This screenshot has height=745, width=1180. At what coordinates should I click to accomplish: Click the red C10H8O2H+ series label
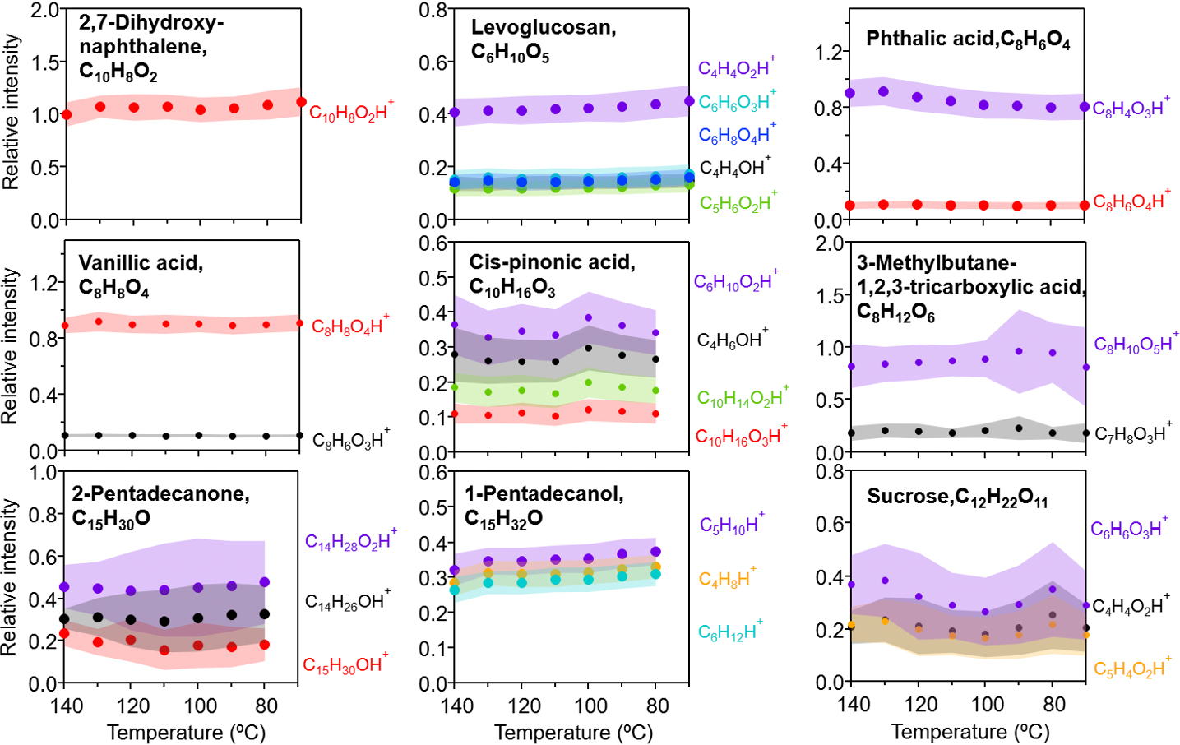click(351, 113)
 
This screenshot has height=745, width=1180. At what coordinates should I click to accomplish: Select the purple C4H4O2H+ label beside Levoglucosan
click(736, 68)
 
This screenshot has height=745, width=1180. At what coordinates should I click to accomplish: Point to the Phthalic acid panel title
click(968, 39)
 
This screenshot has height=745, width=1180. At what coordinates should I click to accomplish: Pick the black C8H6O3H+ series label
click(351, 440)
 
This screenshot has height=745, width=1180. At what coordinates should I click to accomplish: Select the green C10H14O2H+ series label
click(743, 398)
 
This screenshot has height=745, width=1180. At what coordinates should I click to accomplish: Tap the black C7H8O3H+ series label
click(1133, 433)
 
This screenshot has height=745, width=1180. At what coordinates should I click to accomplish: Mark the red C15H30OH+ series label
click(345, 664)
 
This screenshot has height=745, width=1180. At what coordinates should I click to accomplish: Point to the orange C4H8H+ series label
click(727, 578)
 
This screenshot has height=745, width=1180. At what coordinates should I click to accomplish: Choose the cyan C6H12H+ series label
click(730, 632)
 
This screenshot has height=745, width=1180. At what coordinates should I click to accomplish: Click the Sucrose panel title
click(957, 497)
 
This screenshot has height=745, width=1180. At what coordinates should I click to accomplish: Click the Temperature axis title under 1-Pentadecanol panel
click(573, 732)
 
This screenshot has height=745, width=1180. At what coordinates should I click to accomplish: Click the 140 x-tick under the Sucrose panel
click(854, 705)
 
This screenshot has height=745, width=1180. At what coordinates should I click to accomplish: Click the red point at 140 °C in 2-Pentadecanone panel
click(64, 633)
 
